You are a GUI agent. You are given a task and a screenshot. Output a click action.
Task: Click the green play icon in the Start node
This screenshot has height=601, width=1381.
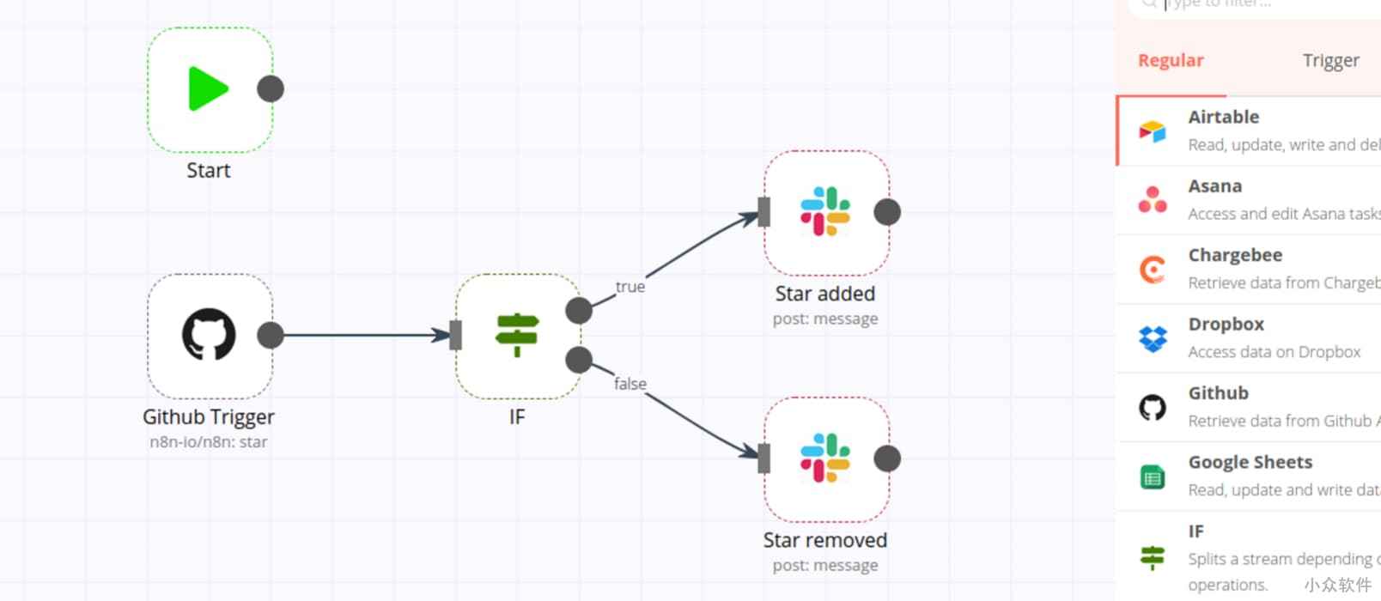[x=208, y=88]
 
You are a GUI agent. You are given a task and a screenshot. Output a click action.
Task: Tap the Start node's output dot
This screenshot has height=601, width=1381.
[x=271, y=88]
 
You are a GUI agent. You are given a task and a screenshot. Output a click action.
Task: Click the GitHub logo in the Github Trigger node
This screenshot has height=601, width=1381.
[x=209, y=335]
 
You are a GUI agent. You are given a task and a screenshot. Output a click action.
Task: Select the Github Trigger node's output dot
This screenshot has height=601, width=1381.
[x=271, y=335]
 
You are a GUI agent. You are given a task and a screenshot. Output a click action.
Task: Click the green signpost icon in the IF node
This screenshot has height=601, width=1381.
[x=517, y=334]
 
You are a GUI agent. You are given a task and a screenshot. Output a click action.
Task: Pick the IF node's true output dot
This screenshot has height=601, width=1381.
[x=579, y=310]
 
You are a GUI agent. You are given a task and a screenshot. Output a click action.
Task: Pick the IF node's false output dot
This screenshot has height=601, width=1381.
[x=579, y=360]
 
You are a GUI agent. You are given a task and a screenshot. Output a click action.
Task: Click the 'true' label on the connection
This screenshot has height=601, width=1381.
[x=630, y=287]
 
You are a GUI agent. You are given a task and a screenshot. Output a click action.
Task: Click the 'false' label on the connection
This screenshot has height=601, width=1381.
[x=630, y=384]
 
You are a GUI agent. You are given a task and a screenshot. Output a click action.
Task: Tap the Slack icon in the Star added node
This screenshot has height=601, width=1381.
[x=825, y=211]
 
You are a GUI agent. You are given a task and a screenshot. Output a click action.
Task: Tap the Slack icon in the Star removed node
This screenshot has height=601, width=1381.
[x=825, y=458]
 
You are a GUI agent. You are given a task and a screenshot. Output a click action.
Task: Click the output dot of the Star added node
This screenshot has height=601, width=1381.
[x=887, y=212]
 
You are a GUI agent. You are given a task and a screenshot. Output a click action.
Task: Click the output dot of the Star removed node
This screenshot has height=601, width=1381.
[x=887, y=458]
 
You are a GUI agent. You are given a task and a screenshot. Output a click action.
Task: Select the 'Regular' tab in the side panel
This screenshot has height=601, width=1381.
[x=1171, y=60]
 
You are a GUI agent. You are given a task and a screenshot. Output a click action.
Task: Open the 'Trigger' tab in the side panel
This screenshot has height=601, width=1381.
[x=1330, y=60]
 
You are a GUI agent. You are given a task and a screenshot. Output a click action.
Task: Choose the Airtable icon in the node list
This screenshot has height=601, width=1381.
[x=1153, y=131]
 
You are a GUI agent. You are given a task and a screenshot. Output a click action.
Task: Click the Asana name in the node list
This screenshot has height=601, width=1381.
[x=1214, y=186]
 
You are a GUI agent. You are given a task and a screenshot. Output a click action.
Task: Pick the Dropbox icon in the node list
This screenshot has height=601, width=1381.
[x=1153, y=338]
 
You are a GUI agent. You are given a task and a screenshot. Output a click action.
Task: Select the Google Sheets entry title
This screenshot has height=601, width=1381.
[x=1250, y=462]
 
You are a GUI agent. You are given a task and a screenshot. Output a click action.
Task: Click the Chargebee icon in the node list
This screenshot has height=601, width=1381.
[x=1153, y=270]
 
